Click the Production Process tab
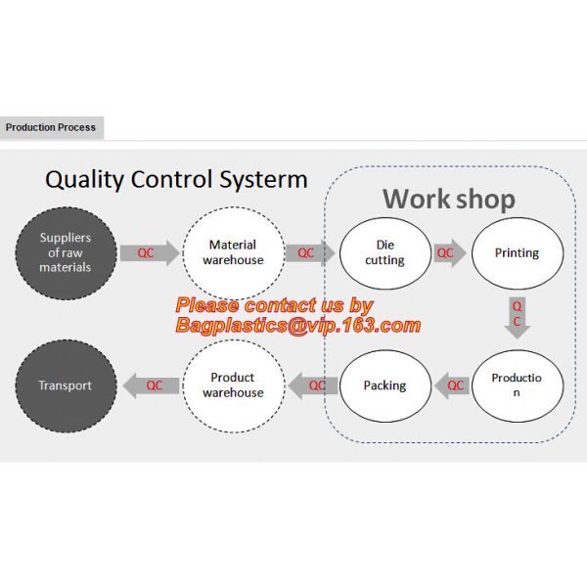pyautogui.click(x=51, y=127)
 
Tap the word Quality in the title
pyautogui.click(x=91, y=180)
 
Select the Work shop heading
pyautogui.click(x=448, y=199)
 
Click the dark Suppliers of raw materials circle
pyautogui.click(x=66, y=252)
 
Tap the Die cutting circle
pyautogui.click(x=384, y=252)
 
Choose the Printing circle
pyautogui.click(x=517, y=252)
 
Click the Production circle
pyautogui.click(x=517, y=385)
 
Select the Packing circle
pyautogui.click(x=384, y=385)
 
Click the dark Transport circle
pyautogui.click(x=66, y=385)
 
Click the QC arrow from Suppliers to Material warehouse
pyautogui.click(x=150, y=252)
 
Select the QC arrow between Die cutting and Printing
pyautogui.click(x=449, y=252)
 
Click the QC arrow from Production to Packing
pyautogui.click(x=452, y=385)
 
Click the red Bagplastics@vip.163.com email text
pyautogui.click(x=298, y=326)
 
